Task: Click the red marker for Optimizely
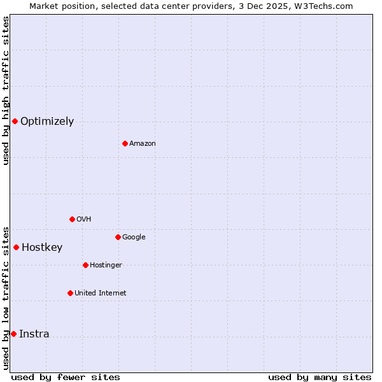[x=15, y=121]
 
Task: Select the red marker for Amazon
[x=125, y=143]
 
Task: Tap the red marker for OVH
[x=72, y=219]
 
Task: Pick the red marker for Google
[x=118, y=237]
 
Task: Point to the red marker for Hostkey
[x=16, y=247]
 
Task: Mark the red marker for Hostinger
[x=85, y=265]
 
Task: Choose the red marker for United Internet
[x=70, y=293]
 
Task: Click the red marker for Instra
[x=13, y=334]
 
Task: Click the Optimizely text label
[x=47, y=122]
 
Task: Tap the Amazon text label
[x=142, y=144]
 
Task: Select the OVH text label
[x=83, y=220]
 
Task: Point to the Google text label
[x=134, y=237]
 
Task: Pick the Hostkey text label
[x=42, y=248]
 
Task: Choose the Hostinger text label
[x=106, y=265]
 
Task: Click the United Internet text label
[x=100, y=294]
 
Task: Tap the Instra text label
[x=34, y=334]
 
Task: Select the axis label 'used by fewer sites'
[x=66, y=377]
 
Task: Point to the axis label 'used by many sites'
[x=320, y=377]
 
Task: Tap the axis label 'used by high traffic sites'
[x=6, y=90]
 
